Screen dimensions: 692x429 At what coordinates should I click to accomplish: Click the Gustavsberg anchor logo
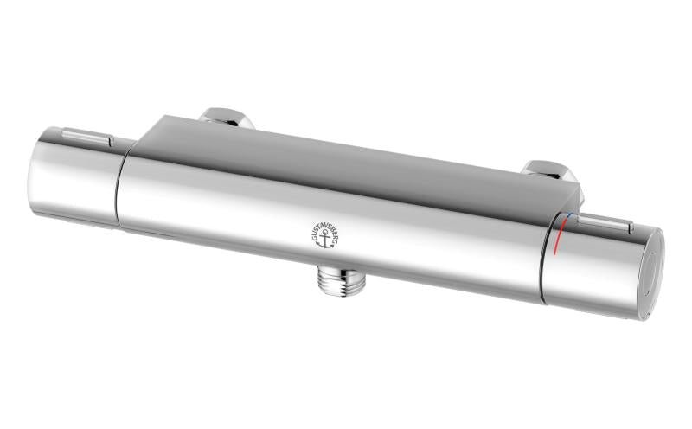(325, 234)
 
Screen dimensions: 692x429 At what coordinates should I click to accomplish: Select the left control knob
(75, 177)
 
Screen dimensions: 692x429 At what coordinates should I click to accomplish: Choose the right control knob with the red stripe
(602, 264)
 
